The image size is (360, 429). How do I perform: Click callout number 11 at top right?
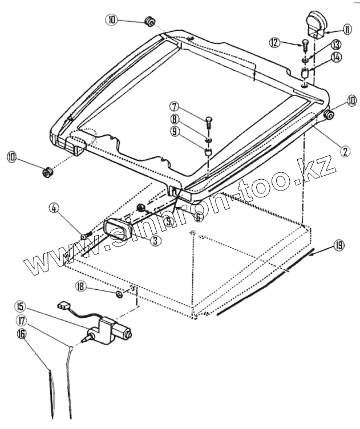pos(347,29)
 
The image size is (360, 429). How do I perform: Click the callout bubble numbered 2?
pos(344,151)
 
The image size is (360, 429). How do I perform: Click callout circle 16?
pos(21,335)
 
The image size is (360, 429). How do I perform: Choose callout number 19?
pos(339,245)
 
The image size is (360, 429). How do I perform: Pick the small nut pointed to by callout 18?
pos(119,294)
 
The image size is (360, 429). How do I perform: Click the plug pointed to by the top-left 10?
pos(151,21)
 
